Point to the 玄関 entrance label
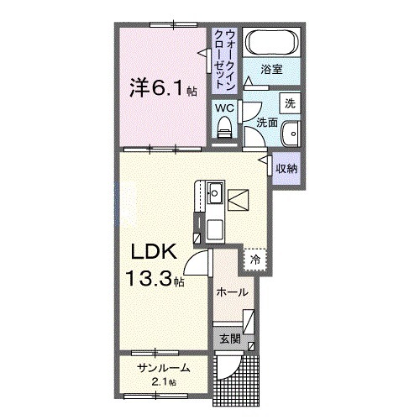coord(230,340)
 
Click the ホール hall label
coord(232,292)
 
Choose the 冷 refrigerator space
coord(254,260)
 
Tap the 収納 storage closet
coord(286,169)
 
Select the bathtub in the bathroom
coord(270,41)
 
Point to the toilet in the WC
coord(224,126)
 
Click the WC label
coord(223,108)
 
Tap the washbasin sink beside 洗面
coord(290,133)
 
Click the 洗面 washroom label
coord(266,122)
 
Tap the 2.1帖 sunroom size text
coord(162,382)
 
